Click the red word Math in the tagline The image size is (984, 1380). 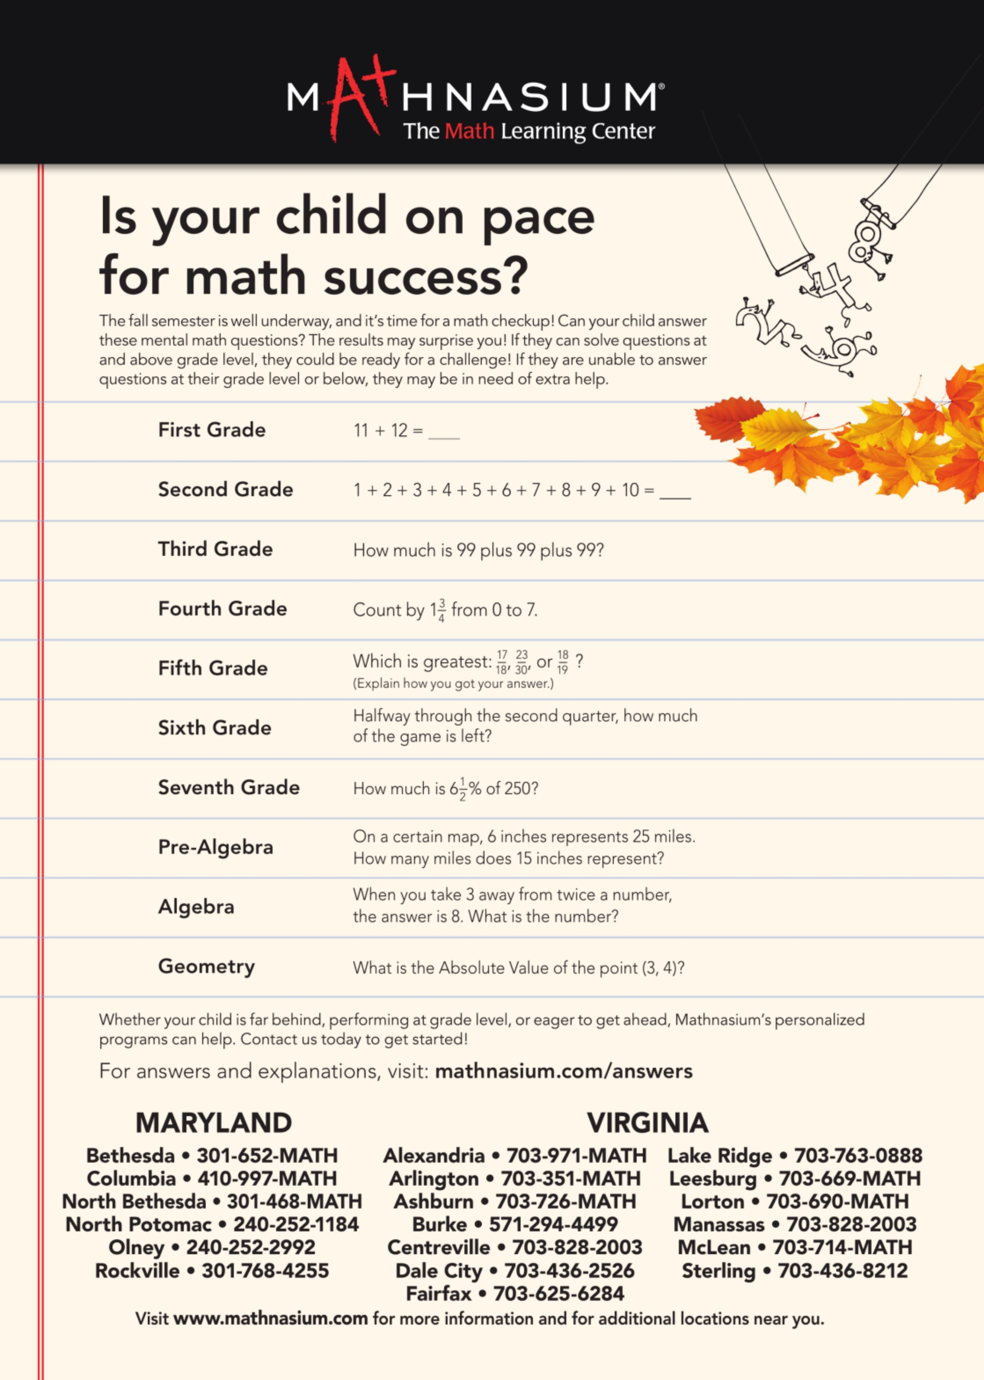tap(469, 131)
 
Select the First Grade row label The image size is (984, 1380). tap(211, 430)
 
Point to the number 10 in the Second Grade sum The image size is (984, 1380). tap(630, 490)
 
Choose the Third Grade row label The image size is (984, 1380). tap(215, 549)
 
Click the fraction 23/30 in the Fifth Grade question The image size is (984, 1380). tap(522, 662)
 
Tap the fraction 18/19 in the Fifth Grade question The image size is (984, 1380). tap(563, 662)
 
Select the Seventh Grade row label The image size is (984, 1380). tap(228, 787)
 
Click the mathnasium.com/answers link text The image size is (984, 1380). tap(563, 1071)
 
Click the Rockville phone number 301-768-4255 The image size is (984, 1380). tap(265, 1271)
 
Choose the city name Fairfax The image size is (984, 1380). tap(438, 1294)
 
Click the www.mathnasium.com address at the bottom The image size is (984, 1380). tap(270, 1319)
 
